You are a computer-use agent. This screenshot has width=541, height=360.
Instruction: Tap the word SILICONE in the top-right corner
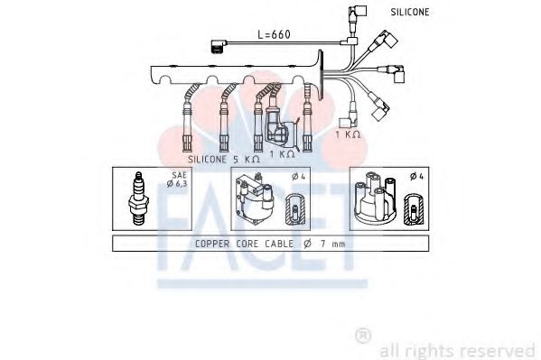pos(410,12)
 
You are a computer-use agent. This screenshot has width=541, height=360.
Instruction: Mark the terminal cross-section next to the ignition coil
pos(294,209)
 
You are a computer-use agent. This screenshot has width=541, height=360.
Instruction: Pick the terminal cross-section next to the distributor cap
pos(414,209)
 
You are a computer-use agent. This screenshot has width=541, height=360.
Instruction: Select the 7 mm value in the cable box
pos(330,244)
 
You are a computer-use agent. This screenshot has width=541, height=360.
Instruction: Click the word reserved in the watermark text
pos(500,349)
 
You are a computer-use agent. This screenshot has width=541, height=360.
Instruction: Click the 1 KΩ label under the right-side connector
pos(348,133)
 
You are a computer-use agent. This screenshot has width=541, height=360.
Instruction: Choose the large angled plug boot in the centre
pos(283,133)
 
